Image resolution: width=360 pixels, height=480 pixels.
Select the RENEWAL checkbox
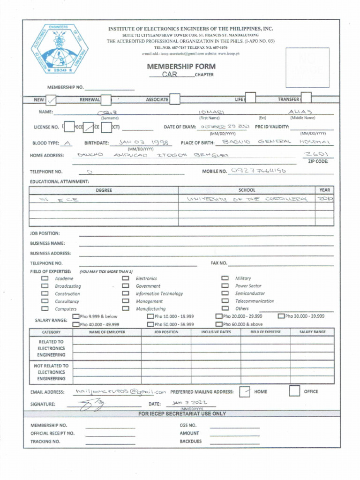coord(106,99)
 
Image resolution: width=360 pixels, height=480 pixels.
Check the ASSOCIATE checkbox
coord(174,99)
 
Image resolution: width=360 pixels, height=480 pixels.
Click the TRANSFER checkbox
coord(306,99)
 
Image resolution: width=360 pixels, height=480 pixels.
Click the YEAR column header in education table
coord(324,190)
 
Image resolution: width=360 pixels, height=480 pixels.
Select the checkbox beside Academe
coord(45,278)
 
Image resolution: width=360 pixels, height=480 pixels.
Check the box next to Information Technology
coord(126,294)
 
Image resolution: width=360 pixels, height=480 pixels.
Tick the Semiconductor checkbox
coord(225,293)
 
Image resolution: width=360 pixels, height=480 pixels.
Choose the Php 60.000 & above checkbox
coord(218,324)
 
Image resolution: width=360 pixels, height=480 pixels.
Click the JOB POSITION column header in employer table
coord(166,332)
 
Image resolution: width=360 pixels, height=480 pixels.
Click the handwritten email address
coord(120,391)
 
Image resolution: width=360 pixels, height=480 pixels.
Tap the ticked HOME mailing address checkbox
coord(244,391)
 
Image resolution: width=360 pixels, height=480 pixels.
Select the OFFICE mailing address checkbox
coord(294,391)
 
